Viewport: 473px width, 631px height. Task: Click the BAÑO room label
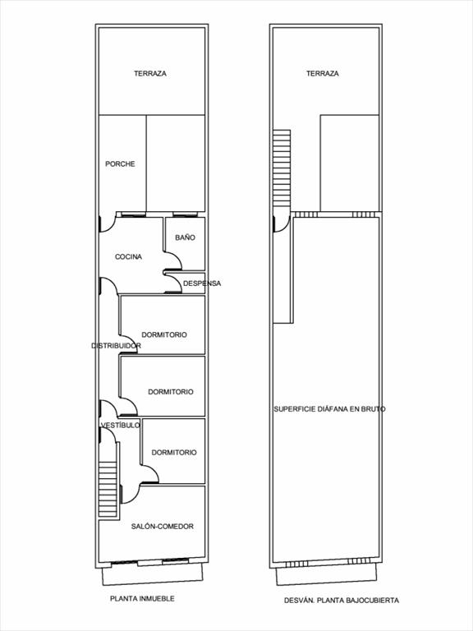point(185,237)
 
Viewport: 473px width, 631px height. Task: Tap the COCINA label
point(128,256)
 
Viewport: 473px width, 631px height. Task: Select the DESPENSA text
point(202,283)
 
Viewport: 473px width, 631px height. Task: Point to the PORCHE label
point(120,164)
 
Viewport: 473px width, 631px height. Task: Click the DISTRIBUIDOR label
point(116,346)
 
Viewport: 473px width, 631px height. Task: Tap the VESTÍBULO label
point(120,426)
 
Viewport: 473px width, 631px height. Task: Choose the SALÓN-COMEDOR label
point(162,527)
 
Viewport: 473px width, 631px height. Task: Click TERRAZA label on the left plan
point(150,74)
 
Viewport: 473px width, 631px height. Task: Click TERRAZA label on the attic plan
point(322,74)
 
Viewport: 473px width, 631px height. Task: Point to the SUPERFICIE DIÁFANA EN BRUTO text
point(329,409)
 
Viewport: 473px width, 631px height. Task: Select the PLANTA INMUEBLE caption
point(142,599)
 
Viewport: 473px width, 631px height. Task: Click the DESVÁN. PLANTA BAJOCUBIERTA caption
point(342,601)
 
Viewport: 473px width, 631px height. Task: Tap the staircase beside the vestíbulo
point(108,489)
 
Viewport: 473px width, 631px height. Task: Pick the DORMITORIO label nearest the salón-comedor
point(174,453)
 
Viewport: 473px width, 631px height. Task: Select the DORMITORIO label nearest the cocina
point(164,335)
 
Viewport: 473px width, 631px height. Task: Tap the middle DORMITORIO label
point(171,392)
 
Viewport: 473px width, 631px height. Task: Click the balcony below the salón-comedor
point(153,573)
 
